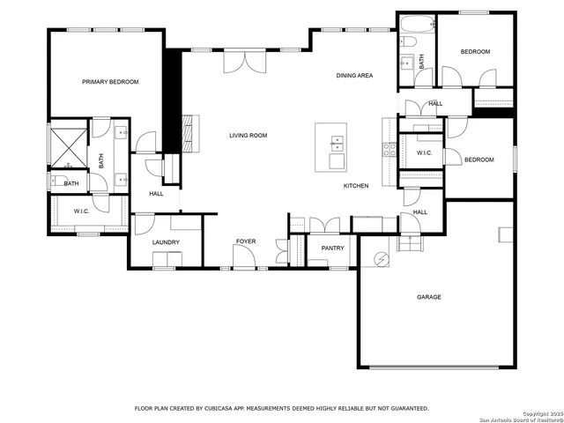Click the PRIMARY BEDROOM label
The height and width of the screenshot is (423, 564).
tap(110, 82)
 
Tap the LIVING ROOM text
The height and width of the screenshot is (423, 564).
tap(248, 136)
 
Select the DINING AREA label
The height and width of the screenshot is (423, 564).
tap(354, 76)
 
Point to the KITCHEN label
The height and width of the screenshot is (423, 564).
tap(356, 186)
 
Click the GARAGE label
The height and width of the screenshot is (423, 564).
tap(429, 297)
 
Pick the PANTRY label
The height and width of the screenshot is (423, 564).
tap(332, 249)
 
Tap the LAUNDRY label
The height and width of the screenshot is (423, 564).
tap(166, 242)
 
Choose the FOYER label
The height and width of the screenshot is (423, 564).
tap(245, 241)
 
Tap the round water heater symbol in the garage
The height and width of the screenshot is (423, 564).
tap(382, 259)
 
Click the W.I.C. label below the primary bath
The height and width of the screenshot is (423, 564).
tap(82, 211)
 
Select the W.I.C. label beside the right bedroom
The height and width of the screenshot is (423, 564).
tap(424, 153)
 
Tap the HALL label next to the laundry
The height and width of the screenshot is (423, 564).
tap(156, 194)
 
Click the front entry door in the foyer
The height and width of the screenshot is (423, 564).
tap(244, 259)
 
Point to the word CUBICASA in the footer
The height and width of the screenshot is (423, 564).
tap(221, 409)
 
